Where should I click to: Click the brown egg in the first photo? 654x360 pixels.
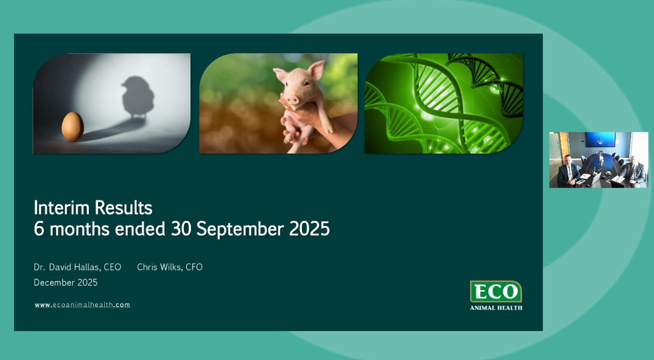click(x=73, y=127)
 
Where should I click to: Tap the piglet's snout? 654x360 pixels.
click(x=293, y=99)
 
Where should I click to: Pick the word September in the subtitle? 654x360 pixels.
click(x=240, y=228)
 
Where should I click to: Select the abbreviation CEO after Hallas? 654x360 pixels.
click(x=113, y=267)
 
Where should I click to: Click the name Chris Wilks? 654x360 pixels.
click(x=159, y=267)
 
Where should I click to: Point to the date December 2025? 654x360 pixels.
click(x=66, y=283)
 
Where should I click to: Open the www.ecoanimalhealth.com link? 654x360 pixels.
click(x=83, y=305)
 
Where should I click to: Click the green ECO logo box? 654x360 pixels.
click(x=496, y=292)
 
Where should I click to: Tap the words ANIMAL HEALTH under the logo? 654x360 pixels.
click(x=496, y=308)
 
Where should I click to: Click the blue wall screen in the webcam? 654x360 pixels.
click(x=600, y=139)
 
